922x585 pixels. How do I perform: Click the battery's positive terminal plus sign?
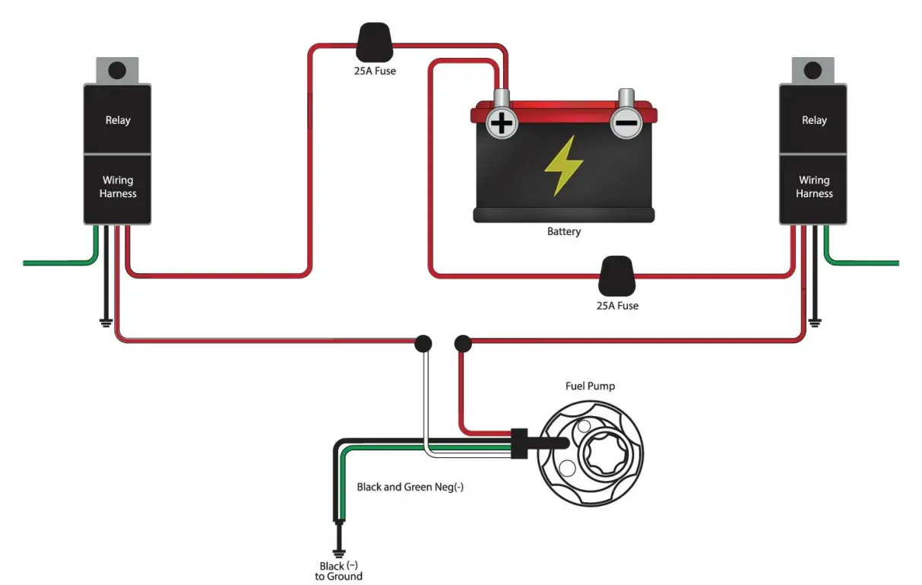pos(502,123)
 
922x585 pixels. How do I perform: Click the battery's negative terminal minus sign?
pos(626,122)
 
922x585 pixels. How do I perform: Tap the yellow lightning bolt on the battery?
pos(563,166)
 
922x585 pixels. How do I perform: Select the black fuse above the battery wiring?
pos(374,43)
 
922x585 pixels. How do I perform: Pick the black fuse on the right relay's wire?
pos(616,276)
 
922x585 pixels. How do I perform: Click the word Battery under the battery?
pos(563,231)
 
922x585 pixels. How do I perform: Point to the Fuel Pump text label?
pos(590,386)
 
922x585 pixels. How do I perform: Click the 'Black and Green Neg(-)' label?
pos(410,487)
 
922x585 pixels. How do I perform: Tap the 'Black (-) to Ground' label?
pos(339,571)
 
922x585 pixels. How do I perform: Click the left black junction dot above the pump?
pos(423,344)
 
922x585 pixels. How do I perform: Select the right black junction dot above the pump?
pos(463,344)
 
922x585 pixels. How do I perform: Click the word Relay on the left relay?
pos(118,120)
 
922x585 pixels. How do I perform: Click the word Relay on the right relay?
pos(814,120)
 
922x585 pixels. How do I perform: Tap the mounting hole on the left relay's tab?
pos(117,71)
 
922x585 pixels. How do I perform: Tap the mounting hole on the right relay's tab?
pos(813,71)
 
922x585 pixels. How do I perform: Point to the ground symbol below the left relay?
pos(106,323)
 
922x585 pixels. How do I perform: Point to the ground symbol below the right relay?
pos(815,323)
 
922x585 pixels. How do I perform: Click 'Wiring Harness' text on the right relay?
pos(814,187)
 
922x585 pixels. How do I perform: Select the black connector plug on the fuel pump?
pos(519,444)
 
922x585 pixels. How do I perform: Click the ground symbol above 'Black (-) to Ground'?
pos(339,553)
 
